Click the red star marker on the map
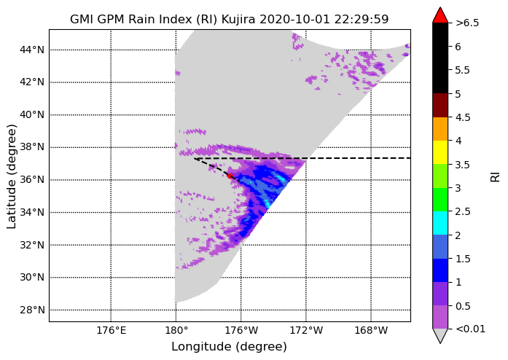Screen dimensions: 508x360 click(x=230, y=176)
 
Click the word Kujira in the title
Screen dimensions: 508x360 click(x=239, y=20)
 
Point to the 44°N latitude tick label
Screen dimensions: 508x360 click(x=32, y=50)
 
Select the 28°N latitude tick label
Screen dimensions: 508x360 click(x=32, y=310)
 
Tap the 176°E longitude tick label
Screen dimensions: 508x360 click(x=111, y=331)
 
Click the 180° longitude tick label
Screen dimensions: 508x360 click(x=176, y=331)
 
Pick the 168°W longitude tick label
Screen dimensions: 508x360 click(x=371, y=331)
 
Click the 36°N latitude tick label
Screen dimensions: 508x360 click(x=32, y=180)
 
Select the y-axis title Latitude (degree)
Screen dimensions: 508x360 click(x=12, y=176)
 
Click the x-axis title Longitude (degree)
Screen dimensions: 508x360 click(x=229, y=347)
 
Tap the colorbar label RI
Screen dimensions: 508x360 click(x=496, y=177)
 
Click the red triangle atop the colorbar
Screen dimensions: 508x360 click(x=440, y=15)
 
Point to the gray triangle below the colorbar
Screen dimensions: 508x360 click(x=440, y=335)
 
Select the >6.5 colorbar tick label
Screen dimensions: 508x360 click(x=467, y=23)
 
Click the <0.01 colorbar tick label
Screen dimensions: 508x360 click(x=470, y=329)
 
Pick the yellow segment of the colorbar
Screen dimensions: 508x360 click(x=440, y=152)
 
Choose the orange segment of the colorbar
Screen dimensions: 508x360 click(x=440, y=129)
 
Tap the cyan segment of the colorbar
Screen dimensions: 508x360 click(x=440, y=223)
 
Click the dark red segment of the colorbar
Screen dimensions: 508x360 click(x=440, y=106)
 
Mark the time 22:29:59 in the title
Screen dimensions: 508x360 click(x=362, y=20)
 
